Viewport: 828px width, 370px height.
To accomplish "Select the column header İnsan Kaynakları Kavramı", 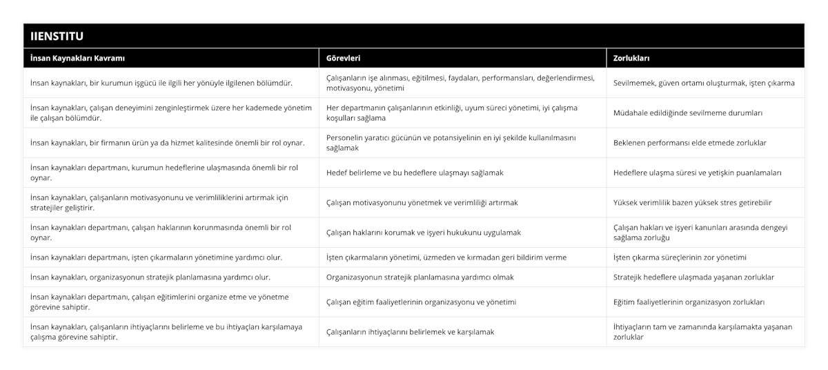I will pos(77,59).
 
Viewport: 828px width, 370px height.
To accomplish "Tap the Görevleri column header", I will pos(343,59).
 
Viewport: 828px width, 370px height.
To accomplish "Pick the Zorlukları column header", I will pos(631,59).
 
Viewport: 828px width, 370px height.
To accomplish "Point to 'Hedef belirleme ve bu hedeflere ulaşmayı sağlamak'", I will pos(415,173).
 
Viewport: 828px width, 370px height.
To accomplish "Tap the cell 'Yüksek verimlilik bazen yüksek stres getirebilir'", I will pos(692,203).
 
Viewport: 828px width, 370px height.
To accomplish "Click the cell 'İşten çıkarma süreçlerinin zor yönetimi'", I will pos(680,257).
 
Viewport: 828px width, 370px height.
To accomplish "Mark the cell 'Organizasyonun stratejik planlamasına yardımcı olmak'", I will pos(420,277).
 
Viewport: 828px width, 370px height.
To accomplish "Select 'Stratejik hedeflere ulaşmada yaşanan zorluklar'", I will pos(693,277).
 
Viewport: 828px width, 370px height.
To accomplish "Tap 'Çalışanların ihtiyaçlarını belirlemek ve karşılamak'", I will pos(410,332).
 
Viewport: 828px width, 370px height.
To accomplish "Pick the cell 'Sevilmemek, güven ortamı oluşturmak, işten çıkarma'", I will pos(704,83).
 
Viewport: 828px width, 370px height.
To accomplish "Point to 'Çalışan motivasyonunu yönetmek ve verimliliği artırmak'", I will pos(422,203).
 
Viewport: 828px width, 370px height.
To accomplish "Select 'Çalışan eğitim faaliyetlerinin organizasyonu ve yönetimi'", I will pos(422,302).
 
